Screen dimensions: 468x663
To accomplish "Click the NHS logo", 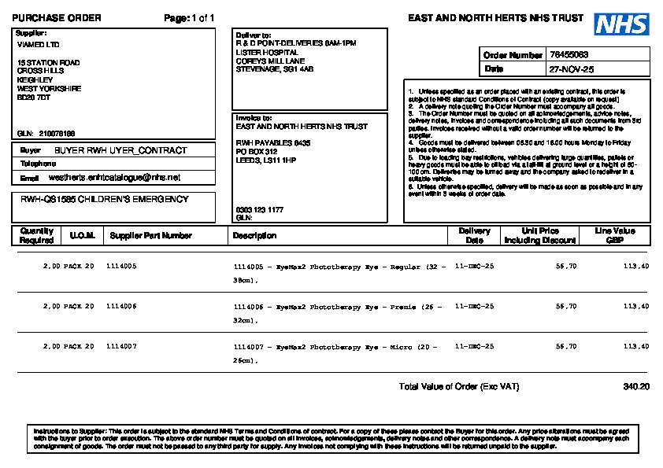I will point(621,24).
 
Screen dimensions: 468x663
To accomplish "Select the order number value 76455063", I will point(569,55).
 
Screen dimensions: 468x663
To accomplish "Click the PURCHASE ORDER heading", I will point(57,18).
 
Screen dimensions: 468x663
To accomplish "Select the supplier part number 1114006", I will point(121,306).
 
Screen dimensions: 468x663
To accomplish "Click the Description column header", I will point(254,235).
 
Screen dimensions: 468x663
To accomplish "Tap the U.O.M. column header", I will point(82,235).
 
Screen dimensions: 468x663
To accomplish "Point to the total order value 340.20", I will point(636,387).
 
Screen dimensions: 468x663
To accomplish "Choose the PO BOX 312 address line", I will point(257,151).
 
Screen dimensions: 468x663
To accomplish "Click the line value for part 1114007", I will point(635,346).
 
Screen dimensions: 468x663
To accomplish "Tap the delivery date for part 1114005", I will point(475,267).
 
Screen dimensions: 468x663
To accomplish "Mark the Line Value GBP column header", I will point(614,235).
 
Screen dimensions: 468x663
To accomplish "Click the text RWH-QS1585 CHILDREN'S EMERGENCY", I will point(105,200).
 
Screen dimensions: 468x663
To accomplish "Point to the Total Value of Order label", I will point(459,387).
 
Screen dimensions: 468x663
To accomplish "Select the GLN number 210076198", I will point(57,133).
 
